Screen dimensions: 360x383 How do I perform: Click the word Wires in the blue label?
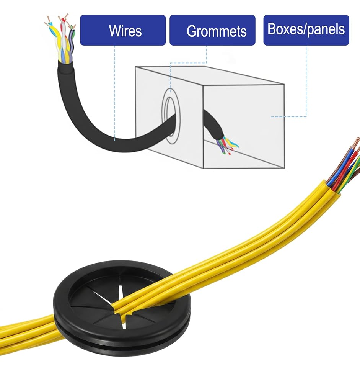click(x=125, y=31)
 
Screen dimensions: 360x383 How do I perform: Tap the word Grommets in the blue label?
click(x=217, y=31)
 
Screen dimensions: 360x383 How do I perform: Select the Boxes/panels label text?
click(x=306, y=29)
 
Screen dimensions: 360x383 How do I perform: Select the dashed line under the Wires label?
click(x=115, y=93)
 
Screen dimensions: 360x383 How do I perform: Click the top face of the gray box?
click(x=210, y=76)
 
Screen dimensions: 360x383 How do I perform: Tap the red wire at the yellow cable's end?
click(x=348, y=166)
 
